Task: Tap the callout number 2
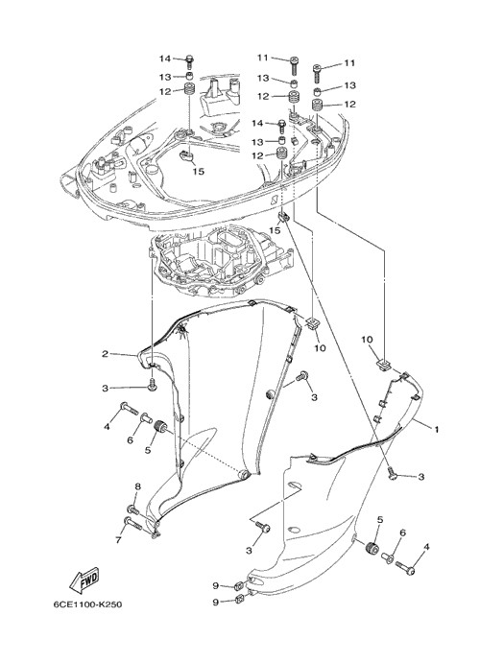click(105, 354)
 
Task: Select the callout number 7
click(118, 539)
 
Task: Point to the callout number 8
click(137, 486)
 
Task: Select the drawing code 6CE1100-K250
click(87, 604)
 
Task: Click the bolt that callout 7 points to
click(133, 523)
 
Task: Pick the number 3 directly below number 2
click(105, 389)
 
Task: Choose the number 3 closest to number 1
click(420, 477)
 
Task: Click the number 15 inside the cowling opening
click(199, 171)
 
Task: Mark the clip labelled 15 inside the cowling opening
click(186, 155)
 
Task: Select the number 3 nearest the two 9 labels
click(249, 551)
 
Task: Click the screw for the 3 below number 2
click(152, 385)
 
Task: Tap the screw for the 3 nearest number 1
click(393, 474)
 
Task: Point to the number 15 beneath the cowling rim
click(275, 230)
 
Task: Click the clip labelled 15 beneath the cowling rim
click(283, 218)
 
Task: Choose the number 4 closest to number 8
click(107, 427)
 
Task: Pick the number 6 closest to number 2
click(131, 440)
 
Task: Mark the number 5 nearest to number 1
click(380, 520)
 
